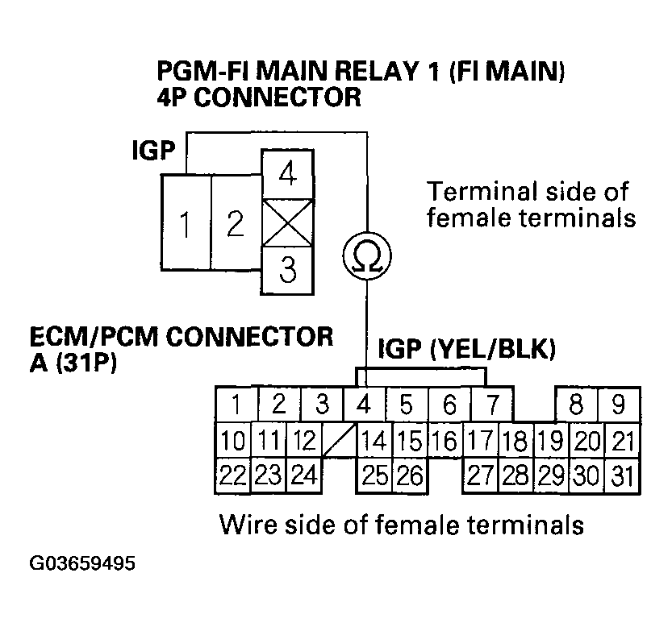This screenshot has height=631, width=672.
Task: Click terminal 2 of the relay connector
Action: pyautogui.click(x=235, y=223)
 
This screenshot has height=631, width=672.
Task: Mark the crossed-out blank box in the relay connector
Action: pyautogui.click(x=287, y=223)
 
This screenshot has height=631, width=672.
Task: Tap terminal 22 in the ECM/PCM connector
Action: pyautogui.click(x=233, y=475)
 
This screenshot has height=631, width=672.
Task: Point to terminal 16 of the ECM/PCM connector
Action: pyautogui.click(x=445, y=440)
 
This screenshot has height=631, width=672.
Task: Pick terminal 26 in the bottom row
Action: pyautogui.click(x=410, y=475)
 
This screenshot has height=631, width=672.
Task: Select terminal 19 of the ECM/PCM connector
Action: pyautogui.click(x=552, y=440)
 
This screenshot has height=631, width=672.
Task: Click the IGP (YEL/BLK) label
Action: pyautogui.click(x=465, y=351)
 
